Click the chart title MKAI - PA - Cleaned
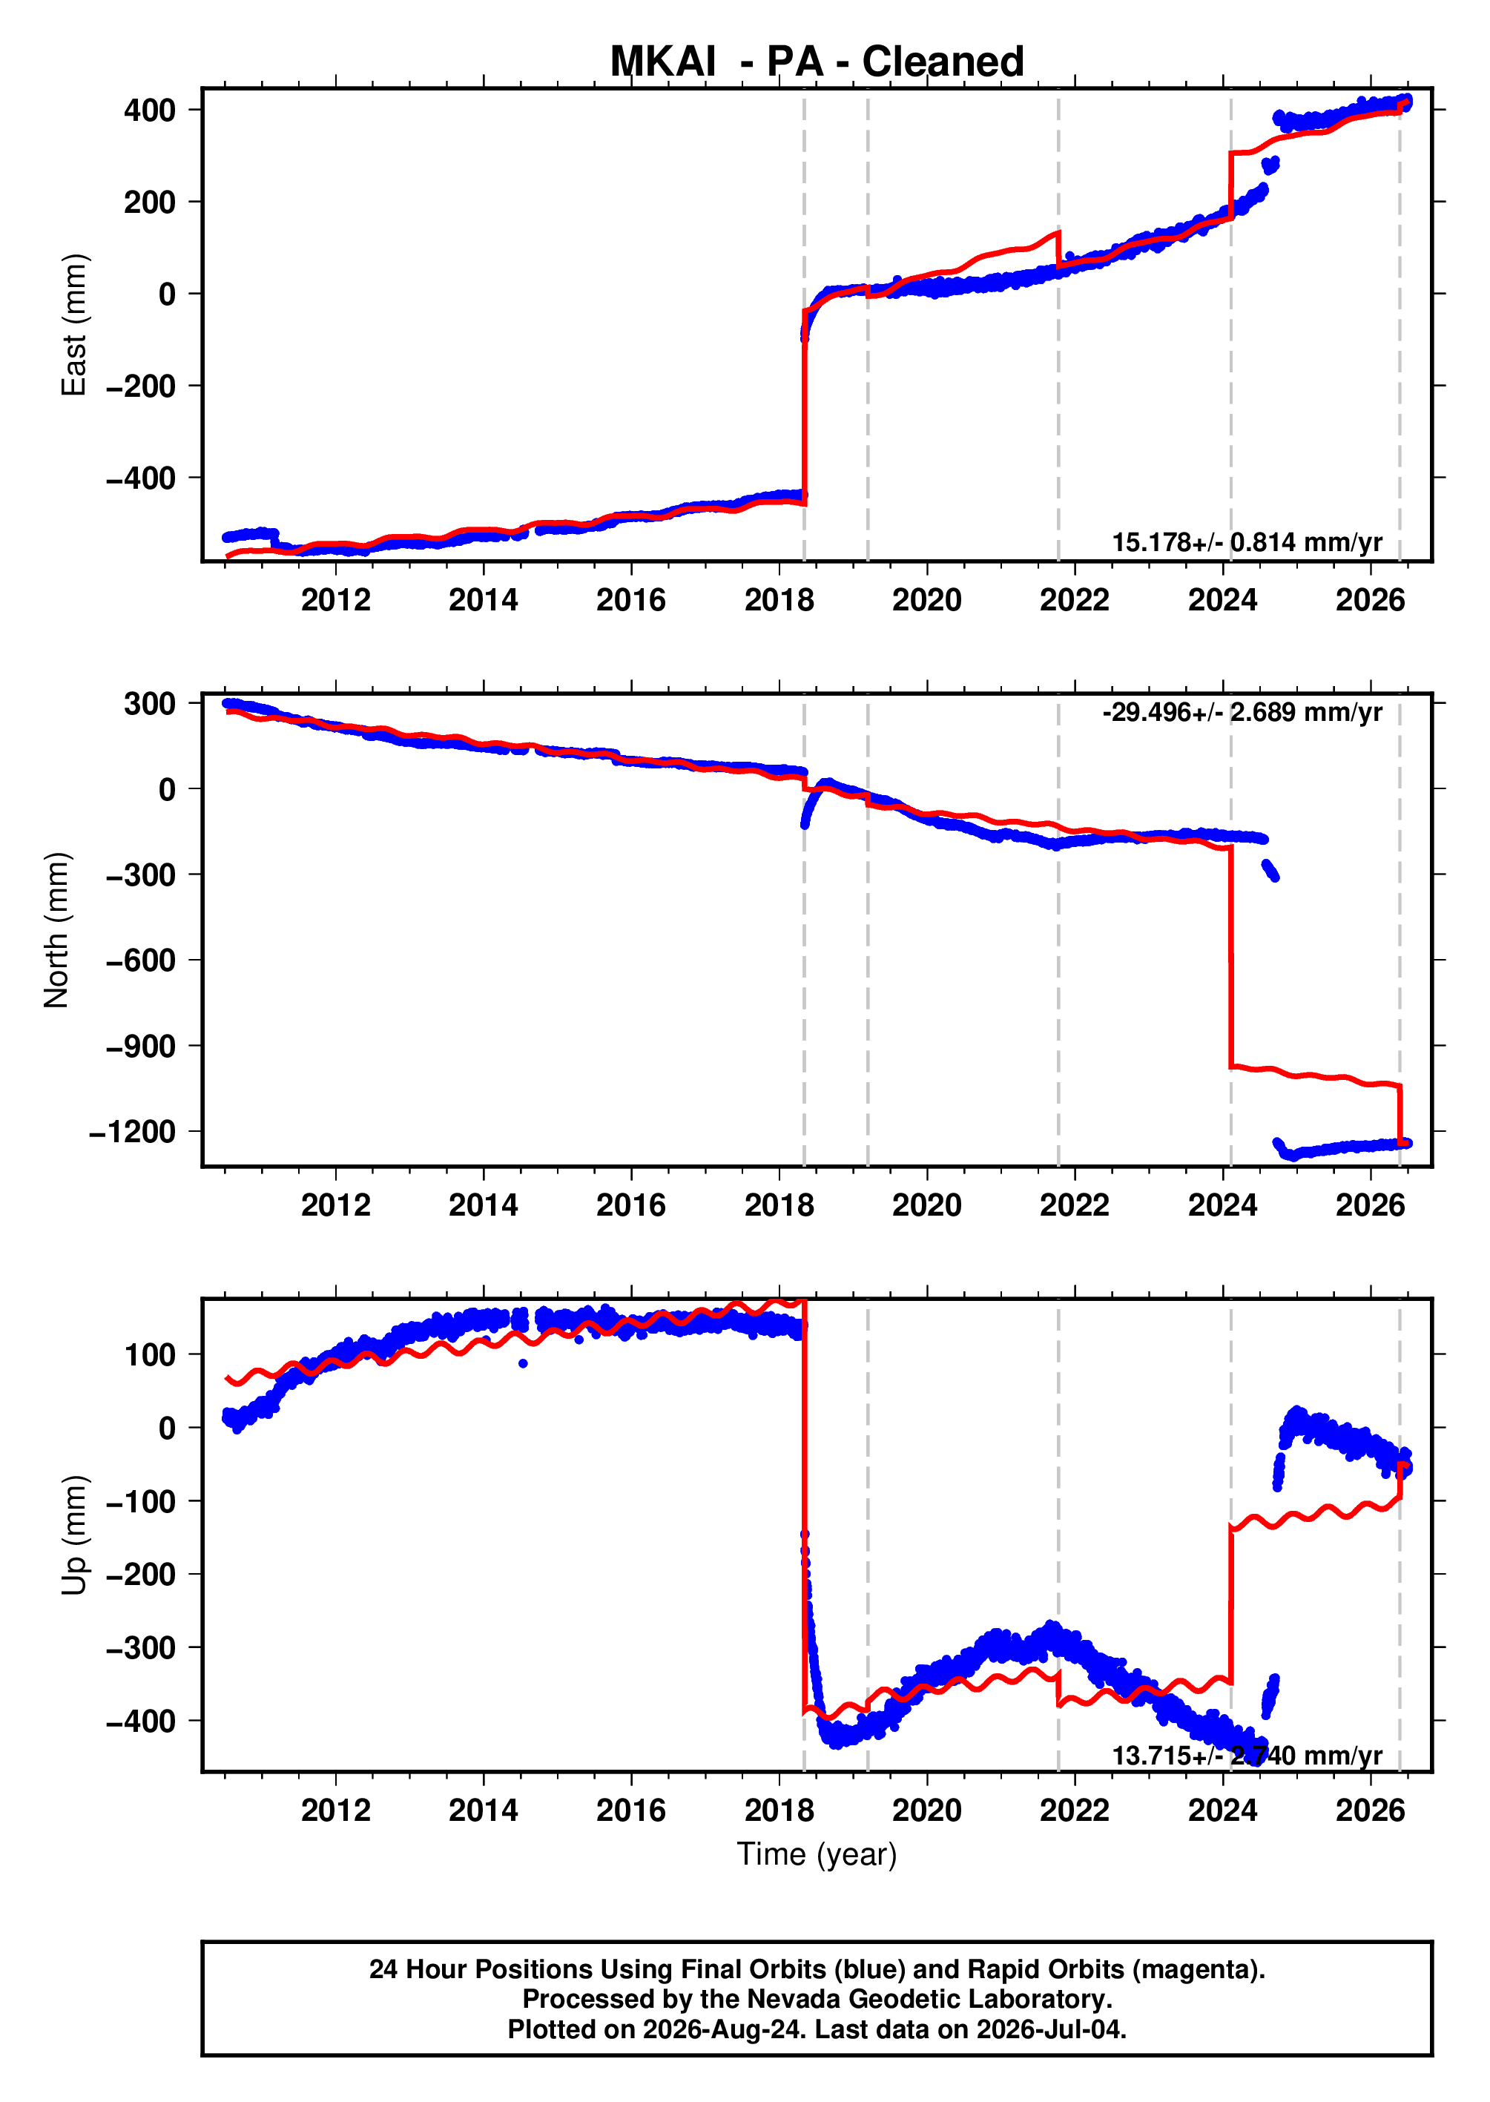point(817,62)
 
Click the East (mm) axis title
point(73,325)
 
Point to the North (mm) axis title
point(57,929)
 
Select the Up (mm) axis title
point(73,1535)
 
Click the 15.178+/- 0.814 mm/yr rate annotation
point(1247,542)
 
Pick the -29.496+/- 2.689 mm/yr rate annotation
point(1242,712)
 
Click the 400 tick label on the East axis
point(150,110)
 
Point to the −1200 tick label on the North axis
point(132,1131)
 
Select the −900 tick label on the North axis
point(140,1046)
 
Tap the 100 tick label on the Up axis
point(150,1354)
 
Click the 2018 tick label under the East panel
point(779,600)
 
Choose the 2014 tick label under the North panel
point(484,1205)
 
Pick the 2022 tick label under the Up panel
point(1075,1811)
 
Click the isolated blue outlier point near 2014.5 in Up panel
point(523,1363)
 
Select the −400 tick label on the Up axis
point(140,1722)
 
